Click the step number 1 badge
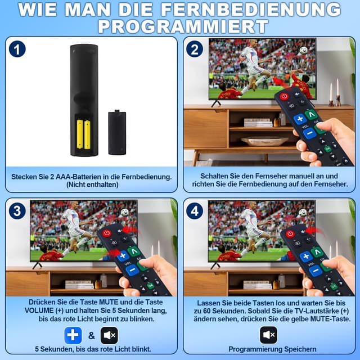pyautogui.click(x=17, y=49)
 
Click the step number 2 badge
pyautogui.click(x=195, y=49)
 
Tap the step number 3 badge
pyautogui.click(x=17, y=211)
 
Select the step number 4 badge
pyautogui.click(x=195, y=211)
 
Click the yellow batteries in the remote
pyautogui.click(x=83, y=133)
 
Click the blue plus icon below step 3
pyautogui.click(x=73, y=336)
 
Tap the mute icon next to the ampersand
pyautogui.click(x=109, y=336)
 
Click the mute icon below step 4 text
pyautogui.click(x=268, y=335)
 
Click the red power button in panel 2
pyautogui.click(x=284, y=97)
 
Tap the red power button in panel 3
pyautogui.click(x=106, y=233)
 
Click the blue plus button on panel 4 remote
pyautogui.click(x=305, y=257)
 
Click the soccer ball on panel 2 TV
pyautogui.click(x=304, y=50)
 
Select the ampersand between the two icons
pyautogui.click(x=91, y=336)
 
